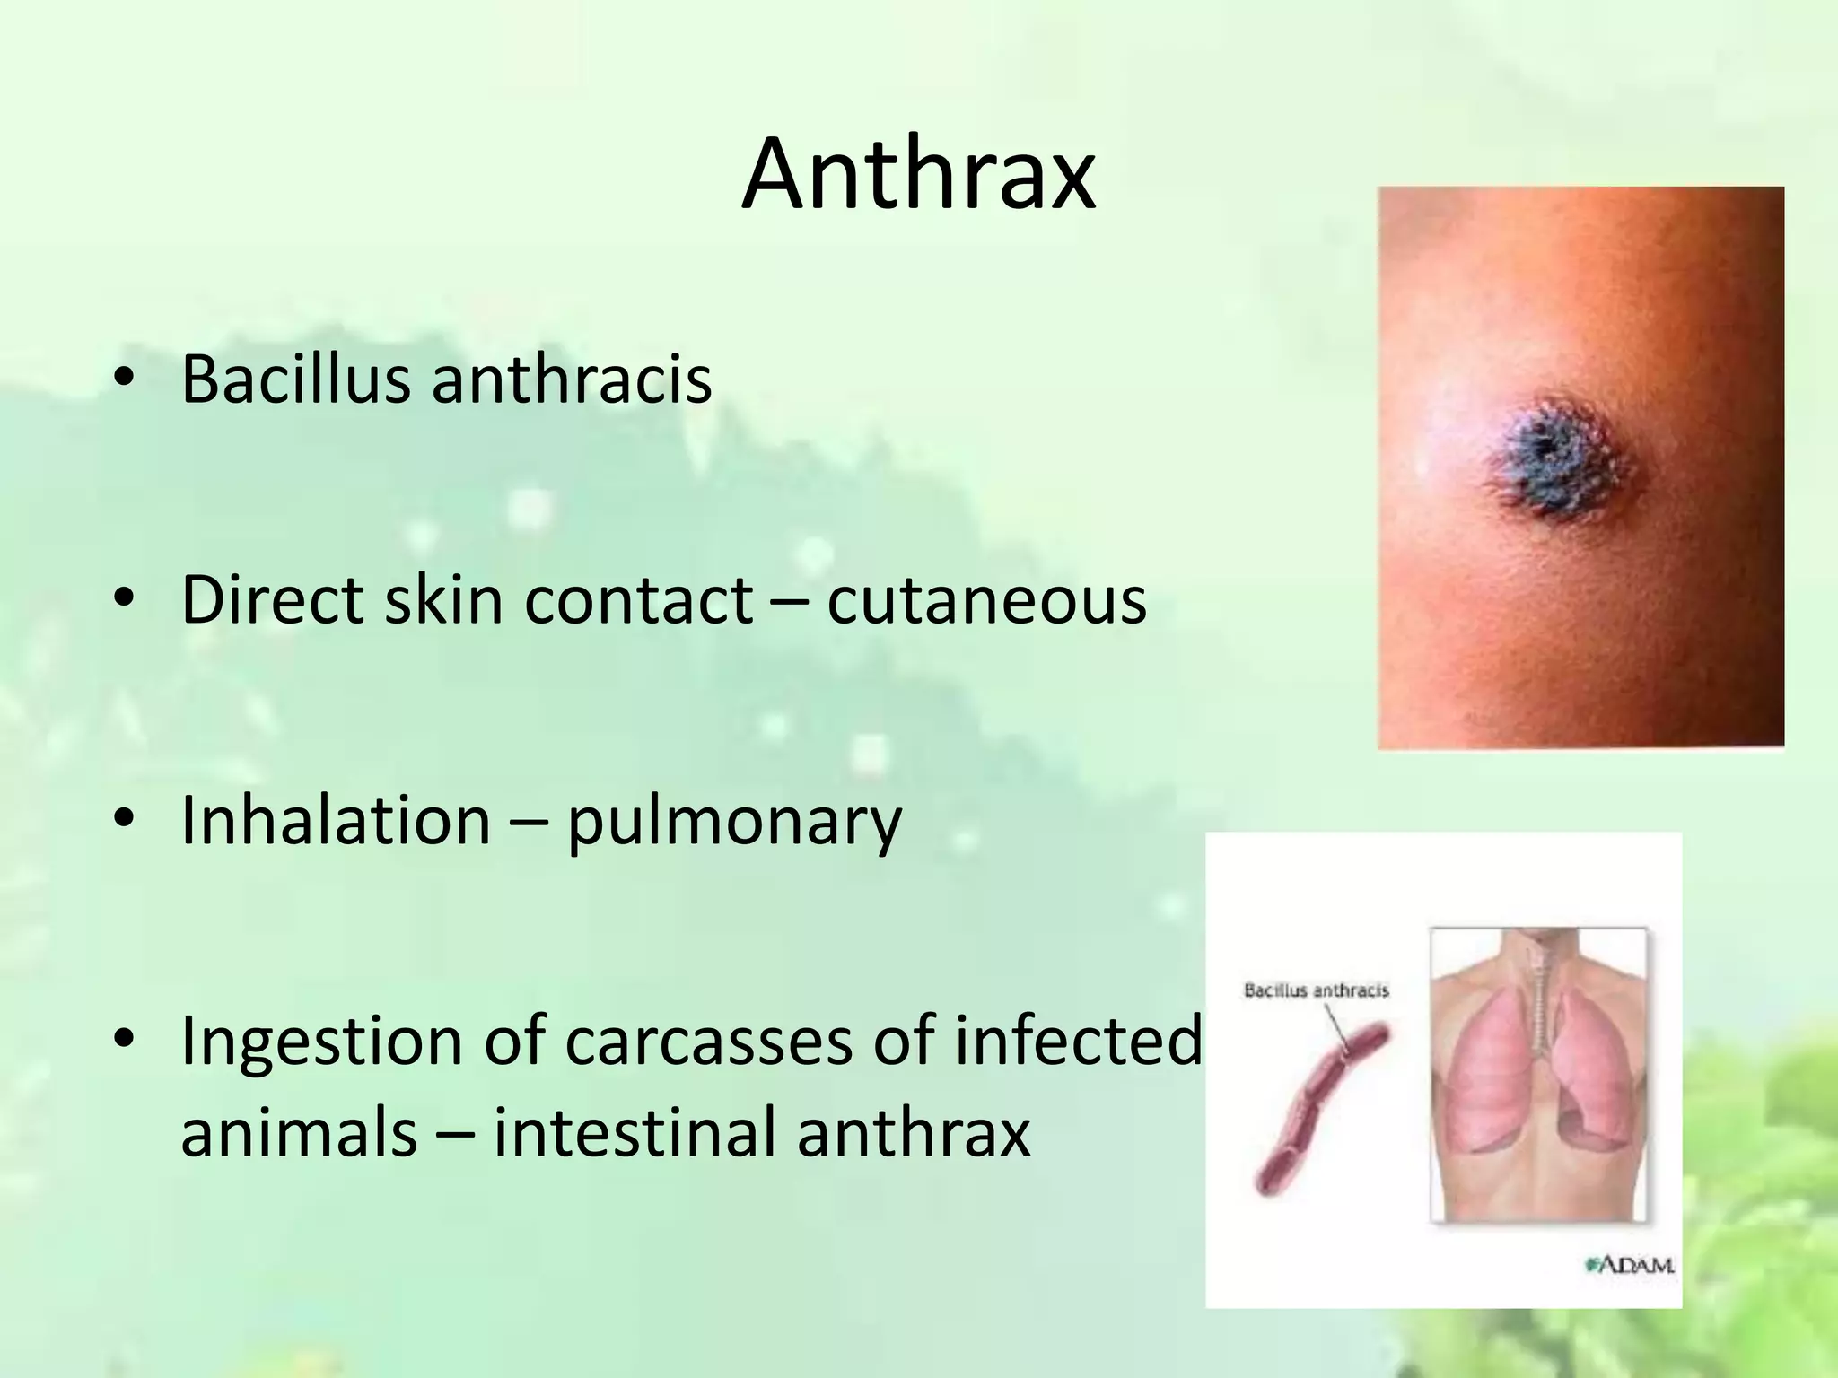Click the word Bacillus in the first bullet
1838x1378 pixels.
coord(296,379)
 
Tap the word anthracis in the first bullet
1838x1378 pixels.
coord(572,379)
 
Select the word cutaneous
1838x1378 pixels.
coord(986,599)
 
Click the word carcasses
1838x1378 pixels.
coord(708,1042)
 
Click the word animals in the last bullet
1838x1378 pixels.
coord(299,1132)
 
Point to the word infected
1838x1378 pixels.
coord(1076,1041)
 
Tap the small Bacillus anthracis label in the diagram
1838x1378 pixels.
coord(1316,990)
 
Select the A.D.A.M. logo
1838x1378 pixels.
coord(1631,1266)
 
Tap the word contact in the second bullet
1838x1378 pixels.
coord(638,599)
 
